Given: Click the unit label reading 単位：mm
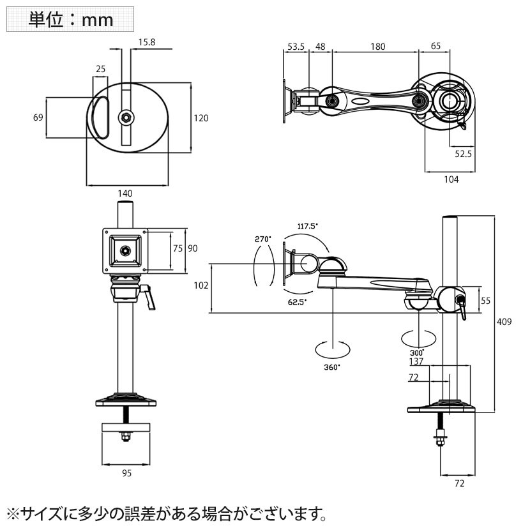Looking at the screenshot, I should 70,19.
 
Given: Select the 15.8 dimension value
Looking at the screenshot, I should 146,42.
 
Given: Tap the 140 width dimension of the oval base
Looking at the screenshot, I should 125,193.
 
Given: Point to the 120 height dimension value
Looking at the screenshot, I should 201,118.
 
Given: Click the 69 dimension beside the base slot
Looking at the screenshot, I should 38,117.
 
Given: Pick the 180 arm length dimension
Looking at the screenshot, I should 378,47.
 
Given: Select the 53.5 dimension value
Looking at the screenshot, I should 296,47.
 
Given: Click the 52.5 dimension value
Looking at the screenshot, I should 463,153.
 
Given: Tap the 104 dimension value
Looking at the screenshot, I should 451,179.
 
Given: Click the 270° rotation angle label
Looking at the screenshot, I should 263,239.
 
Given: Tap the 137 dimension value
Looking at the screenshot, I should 416,362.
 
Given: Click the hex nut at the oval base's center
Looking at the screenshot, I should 126,116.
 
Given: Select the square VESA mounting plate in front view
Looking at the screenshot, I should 125,250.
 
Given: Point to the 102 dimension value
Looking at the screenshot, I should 201,286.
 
